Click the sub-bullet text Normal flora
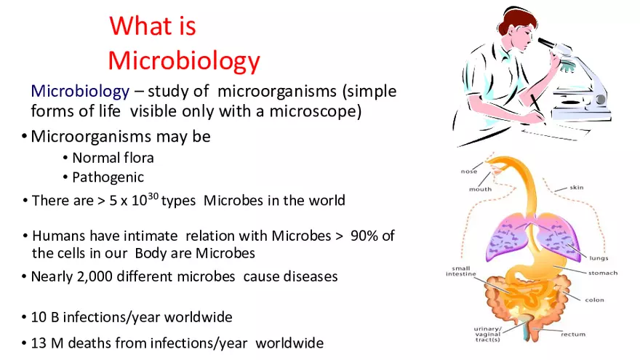coord(113,157)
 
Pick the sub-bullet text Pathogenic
coord(108,177)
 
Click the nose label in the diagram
coord(468,172)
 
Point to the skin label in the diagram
coord(576,188)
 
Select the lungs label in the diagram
coord(599,257)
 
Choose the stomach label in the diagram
coord(603,273)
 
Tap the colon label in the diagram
coord(594,300)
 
